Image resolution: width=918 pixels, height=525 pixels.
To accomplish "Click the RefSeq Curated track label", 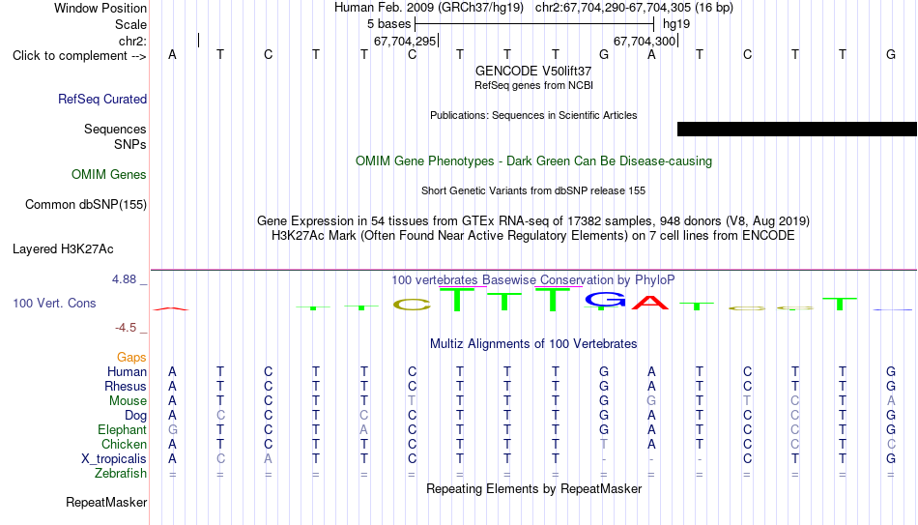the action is (102, 99).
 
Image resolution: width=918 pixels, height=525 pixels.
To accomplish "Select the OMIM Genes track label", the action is (109, 175).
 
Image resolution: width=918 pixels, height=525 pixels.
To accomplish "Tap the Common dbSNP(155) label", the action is (86, 205).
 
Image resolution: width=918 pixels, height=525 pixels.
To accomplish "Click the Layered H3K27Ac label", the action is (63, 249).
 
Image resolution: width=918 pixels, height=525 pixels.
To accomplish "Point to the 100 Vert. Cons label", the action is (54, 303).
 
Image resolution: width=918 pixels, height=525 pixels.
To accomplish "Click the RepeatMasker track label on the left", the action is (106, 502).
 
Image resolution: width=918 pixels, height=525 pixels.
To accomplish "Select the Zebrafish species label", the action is (121, 473).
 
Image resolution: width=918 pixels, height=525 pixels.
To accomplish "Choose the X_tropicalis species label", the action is (114, 459).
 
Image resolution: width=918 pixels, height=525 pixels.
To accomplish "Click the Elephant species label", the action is (123, 429).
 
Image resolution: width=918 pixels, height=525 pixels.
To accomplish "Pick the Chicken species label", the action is (124, 444).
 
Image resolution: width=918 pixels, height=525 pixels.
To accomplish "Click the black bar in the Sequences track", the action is (797, 129).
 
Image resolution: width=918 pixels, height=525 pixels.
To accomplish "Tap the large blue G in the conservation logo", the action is (605, 300).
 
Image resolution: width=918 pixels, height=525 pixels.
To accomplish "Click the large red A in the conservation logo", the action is (650, 302).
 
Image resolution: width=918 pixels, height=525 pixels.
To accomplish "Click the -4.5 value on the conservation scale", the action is (126, 328).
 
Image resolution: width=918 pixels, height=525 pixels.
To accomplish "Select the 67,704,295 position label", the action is (405, 41).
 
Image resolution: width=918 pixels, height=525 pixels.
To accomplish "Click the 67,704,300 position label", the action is (645, 41).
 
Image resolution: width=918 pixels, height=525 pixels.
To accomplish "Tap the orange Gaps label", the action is (131, 357).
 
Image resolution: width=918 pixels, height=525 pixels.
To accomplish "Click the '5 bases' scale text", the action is (389, 24).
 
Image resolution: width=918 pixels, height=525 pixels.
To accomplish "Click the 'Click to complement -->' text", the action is (79, 56).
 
